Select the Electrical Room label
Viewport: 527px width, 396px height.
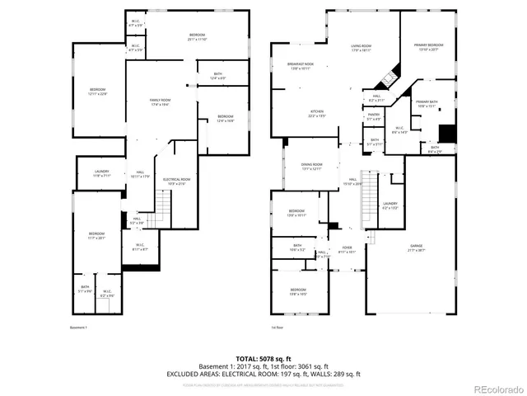point(177,181)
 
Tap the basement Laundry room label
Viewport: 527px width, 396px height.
point(102,173)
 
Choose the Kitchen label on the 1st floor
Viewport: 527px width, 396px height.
point(317,114)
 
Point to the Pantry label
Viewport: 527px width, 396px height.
point(374,116)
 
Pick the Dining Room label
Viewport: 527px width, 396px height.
point(312,166)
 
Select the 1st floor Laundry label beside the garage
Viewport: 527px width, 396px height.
point(389,205)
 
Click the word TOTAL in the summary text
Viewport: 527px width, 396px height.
point(225,359)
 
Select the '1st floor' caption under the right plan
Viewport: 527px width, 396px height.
point(277,328)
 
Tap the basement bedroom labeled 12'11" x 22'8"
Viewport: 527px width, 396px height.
point(98,92)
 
